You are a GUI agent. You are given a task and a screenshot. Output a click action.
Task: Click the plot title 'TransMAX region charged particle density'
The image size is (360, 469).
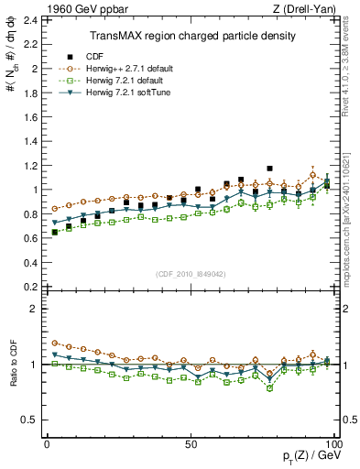pyautogui.click(x=192, y=36)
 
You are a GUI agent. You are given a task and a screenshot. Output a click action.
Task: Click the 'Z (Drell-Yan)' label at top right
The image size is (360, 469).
pyautogui.click(x=309, y=9)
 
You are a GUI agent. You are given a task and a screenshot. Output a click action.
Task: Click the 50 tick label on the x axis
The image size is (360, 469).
pyautogui.click(x=190, y=443)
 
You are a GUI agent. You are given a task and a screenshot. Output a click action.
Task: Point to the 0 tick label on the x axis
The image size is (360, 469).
pyautogui.click(x=47, y=443)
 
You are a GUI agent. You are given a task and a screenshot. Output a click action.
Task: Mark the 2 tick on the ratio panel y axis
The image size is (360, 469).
pyautogui.click(x=36, y=309)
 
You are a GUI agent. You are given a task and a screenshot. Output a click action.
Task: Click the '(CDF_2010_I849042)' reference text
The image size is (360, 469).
pyautogui.click(x=191, y=274)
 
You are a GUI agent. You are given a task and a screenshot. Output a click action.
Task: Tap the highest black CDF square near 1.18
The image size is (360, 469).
pyautogui.click(x=269, y=169)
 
